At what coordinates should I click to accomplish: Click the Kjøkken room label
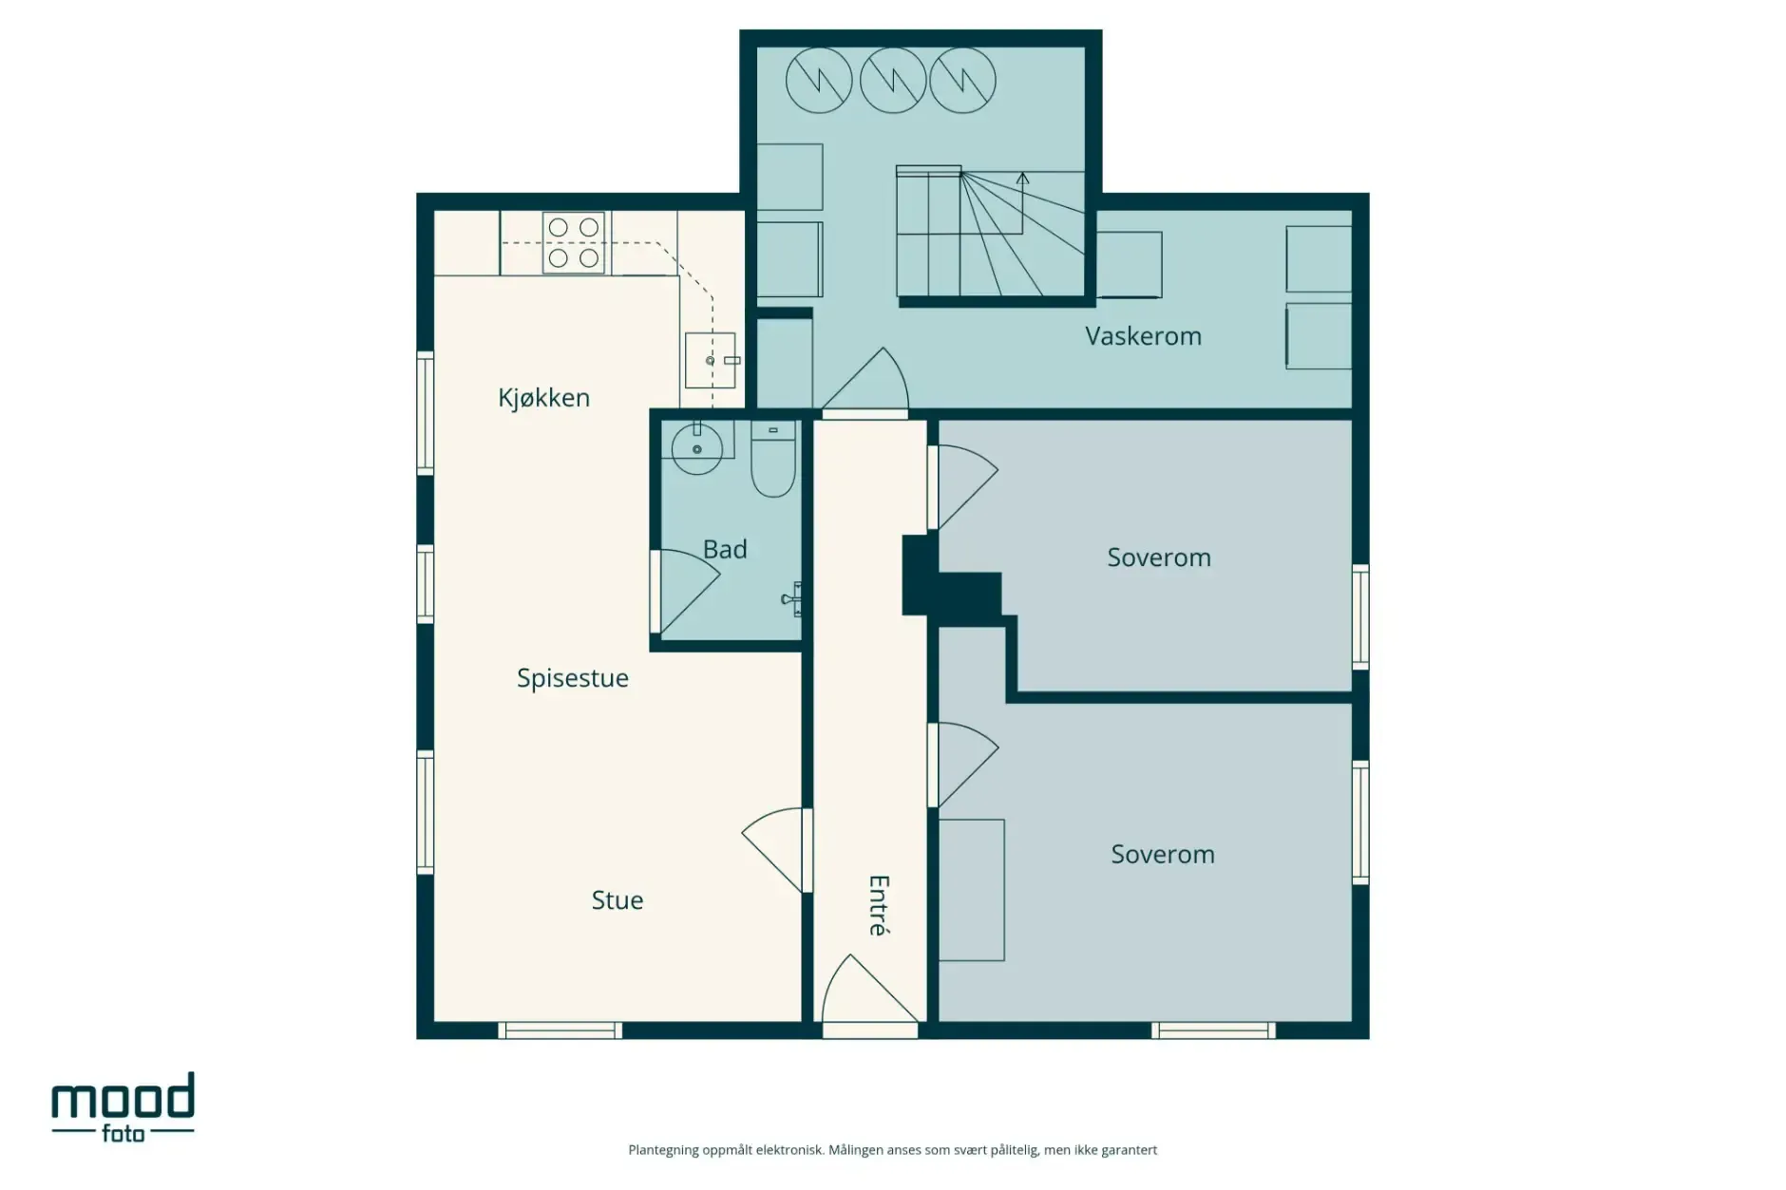point(543,398)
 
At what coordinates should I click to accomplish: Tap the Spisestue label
point(572,678)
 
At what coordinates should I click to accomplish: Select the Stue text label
point(617,900)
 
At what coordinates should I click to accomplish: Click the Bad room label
point(725,550)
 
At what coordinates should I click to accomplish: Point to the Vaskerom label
point(1143,336)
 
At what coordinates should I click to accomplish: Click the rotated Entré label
point(879,905)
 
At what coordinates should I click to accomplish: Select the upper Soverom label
point(1158,557)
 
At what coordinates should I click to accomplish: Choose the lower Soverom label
point(1162,855)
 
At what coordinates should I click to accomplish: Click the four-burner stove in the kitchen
point(574,243)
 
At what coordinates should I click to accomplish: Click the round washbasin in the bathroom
point(697,448)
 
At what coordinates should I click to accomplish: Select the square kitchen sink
point(710,360)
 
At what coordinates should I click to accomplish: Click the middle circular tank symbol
point(893,81)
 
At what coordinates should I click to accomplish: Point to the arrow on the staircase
point(1023,179)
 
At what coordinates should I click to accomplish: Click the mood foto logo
point(123,1107)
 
